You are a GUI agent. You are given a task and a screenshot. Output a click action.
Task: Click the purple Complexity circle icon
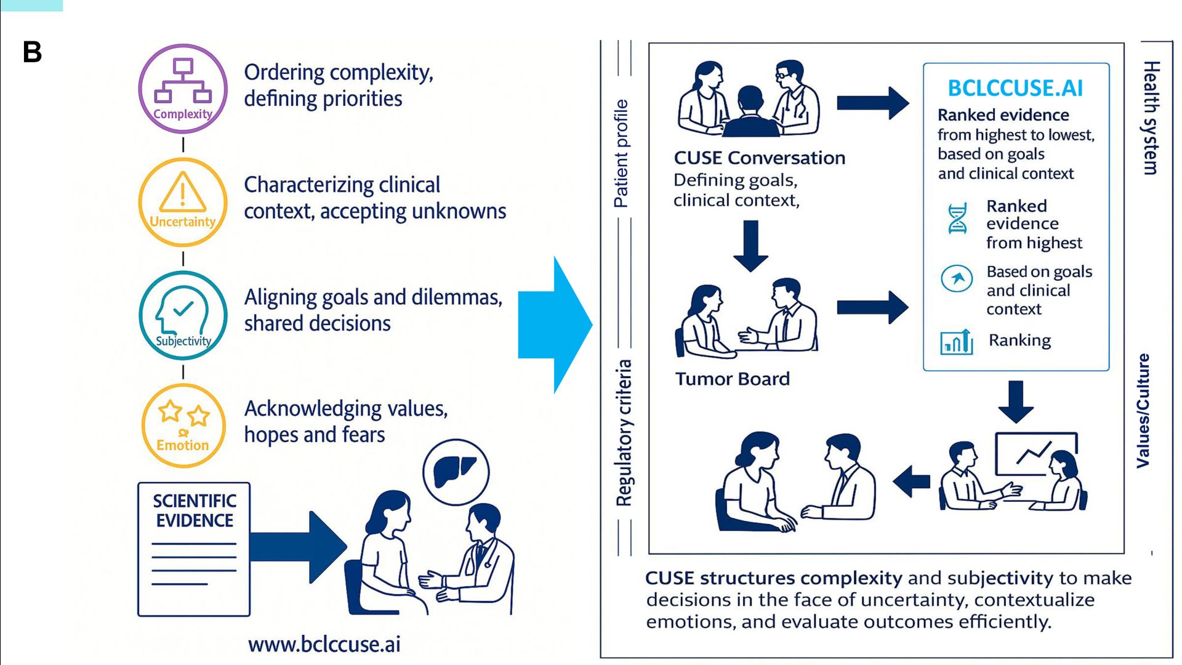183,89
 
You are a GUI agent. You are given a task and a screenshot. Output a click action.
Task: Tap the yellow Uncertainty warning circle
183,202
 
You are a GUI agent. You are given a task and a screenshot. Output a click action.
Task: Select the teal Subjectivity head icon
183,315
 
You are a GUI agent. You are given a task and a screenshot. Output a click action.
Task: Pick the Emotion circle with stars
183,425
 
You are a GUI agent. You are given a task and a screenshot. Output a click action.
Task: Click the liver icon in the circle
456,472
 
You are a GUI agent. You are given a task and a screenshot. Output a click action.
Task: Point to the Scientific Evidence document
194,549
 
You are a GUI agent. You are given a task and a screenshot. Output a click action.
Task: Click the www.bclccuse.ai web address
324,644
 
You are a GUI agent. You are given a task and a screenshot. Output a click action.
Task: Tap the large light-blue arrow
555,324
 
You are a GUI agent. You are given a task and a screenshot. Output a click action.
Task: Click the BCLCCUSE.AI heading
1015,88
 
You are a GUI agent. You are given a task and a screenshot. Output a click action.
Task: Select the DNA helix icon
957,219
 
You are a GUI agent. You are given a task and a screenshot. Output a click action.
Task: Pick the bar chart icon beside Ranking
957,342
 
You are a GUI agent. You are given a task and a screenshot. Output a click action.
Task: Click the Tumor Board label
732,379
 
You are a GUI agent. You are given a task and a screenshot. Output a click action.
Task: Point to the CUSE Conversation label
759,158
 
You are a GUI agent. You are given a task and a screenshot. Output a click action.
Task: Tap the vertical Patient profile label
621,153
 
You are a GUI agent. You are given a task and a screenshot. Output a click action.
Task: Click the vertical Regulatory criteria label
624,433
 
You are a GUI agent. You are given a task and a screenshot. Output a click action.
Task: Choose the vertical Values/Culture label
1143,411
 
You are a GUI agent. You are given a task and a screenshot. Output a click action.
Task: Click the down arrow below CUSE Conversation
750,246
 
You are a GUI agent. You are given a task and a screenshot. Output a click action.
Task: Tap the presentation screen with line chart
1036,454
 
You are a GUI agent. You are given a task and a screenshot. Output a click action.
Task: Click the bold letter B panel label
32,52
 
